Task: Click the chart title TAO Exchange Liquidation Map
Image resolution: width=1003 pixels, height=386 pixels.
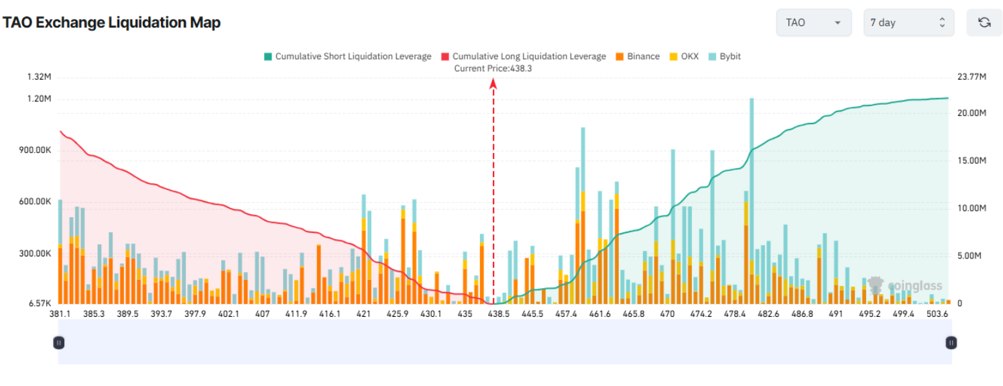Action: tap(111, 23)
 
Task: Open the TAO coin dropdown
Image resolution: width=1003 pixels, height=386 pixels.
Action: tap(813, 23)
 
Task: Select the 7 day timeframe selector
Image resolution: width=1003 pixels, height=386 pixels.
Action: tap(908, 23)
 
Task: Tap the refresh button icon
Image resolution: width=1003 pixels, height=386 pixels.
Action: tap(984, 23)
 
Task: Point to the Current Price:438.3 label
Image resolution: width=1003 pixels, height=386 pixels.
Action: tap(493, 68)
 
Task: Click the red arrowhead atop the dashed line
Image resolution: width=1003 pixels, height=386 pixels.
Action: tap(493, 83)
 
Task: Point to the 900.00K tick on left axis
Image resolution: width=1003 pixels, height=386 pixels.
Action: tap(36, 150)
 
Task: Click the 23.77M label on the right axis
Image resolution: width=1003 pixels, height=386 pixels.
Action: tap(971, 77)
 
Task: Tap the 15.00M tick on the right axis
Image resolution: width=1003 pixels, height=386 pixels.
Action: tap(971, 160)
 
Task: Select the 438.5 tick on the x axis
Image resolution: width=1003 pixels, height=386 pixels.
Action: tap(499, 313)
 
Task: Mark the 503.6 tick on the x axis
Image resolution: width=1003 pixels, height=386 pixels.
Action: tap(937, 313)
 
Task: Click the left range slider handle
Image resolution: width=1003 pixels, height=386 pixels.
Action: tap(59, 342)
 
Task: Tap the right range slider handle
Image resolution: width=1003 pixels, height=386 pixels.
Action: tap(951, 342)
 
